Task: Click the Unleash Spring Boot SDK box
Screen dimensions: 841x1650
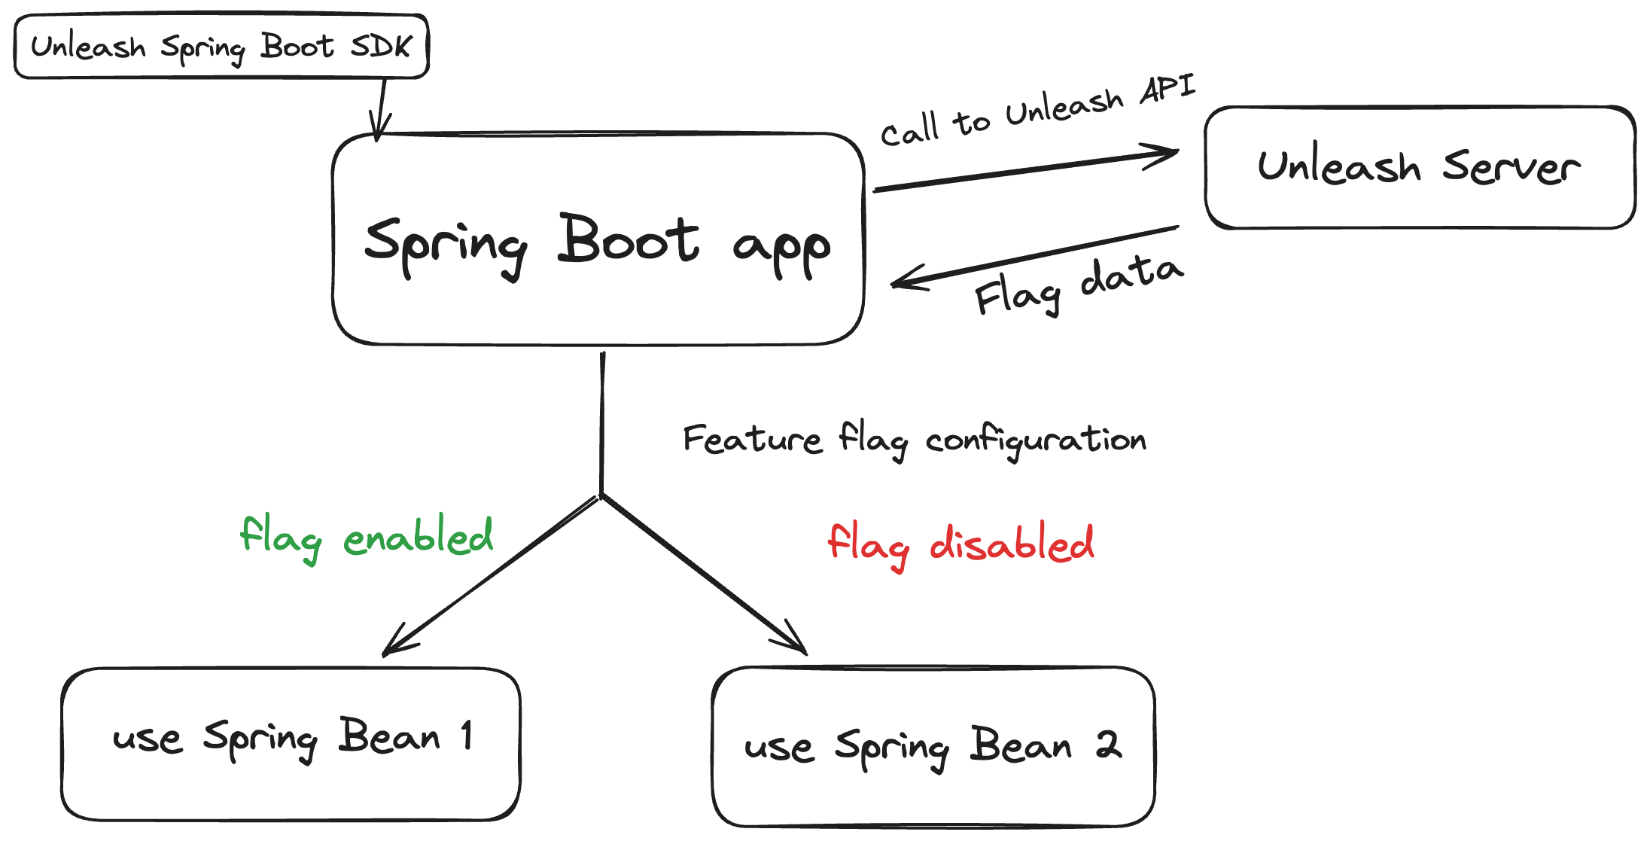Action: pyautogui.click(x=221, y=46)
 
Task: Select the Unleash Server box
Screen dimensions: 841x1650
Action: pyautogui.click(x=1420, y=167)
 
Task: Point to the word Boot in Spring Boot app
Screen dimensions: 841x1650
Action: pyautogui.click(x=629, y=240)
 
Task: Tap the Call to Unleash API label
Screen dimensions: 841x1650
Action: pyautogui.click(x=1037, y=111)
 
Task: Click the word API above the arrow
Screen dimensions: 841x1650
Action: pyautogui.click(x=1167, y=89)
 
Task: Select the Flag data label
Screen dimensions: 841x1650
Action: pyautogui.click(x=1078, y=285)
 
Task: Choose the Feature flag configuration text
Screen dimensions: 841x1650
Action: pyautogui.click(x=914, y=440)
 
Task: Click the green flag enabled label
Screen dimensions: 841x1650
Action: pyautogui.click(x=366, y=538)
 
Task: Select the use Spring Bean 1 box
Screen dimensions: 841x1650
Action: pyautogui.click(x=291, y=743)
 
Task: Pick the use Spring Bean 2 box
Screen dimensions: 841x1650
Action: pyautogui.click(x=933, y=746)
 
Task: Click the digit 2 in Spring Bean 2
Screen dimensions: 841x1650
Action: pyautogui.click(x=1108, y=745)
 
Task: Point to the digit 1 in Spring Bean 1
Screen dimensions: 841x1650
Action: pyautogui.click(x=467, y=735)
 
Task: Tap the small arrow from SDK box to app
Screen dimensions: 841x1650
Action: pyautogui.click(x=381, y=109)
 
